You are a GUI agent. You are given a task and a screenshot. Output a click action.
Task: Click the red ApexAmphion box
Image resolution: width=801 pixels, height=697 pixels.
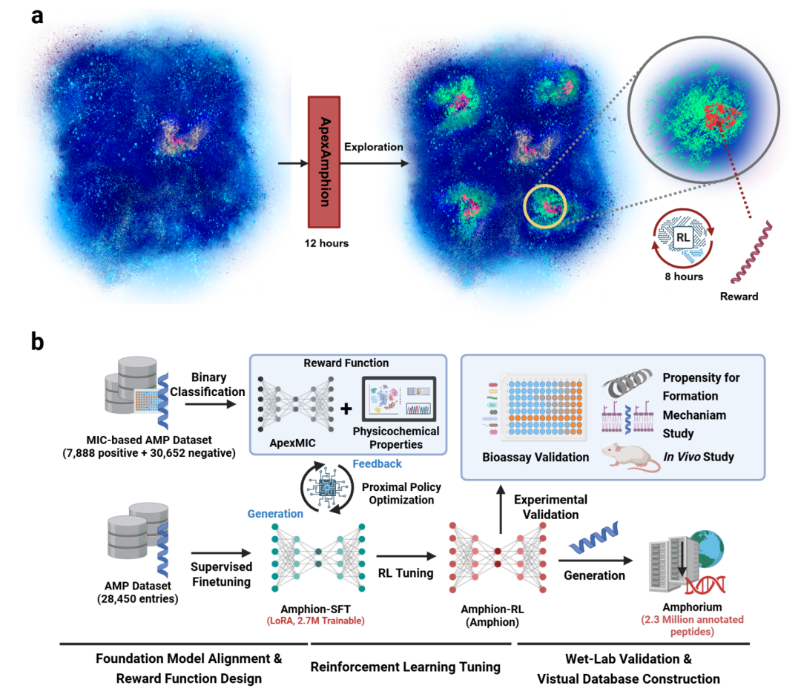(324, 162)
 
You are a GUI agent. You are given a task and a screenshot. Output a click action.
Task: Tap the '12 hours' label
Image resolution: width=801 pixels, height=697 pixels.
(326, 243)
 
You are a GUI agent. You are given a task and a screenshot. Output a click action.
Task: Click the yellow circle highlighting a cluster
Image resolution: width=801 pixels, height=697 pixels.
(545, 206)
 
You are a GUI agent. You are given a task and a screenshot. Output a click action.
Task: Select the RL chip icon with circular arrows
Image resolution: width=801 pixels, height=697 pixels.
(683, 238)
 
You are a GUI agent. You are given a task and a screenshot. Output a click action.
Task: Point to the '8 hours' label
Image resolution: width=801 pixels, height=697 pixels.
(684, 277)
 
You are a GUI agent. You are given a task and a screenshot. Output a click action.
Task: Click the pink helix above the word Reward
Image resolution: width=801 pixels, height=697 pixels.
(751, 252)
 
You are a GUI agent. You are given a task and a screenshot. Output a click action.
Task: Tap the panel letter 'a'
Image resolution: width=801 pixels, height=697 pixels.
(37, 16)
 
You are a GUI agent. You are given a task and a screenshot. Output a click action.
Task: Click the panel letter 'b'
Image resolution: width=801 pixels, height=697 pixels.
(37, 340)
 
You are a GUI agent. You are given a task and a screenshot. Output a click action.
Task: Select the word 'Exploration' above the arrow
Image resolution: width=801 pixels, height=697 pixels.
(373, 147)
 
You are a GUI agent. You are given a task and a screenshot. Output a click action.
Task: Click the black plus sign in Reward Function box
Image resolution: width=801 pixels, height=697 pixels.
(346, 409)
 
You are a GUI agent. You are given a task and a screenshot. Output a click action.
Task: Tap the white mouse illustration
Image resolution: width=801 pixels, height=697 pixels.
(631, 457)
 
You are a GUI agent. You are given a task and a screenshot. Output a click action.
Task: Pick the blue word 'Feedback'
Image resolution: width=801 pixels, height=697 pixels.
(377, 463)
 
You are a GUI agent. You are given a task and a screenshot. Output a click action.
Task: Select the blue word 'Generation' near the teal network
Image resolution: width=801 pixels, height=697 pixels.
(275, 514)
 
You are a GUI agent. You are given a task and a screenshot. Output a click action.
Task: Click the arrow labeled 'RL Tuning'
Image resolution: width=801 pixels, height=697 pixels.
(406, 556)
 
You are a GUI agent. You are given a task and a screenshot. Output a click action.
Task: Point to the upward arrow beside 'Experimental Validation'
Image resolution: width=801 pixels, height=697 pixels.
(501, 509)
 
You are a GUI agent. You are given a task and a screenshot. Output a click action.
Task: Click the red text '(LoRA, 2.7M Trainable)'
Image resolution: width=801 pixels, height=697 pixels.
(316, 621)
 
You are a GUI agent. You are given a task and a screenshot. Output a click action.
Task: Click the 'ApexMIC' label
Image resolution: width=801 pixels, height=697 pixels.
(293, 443)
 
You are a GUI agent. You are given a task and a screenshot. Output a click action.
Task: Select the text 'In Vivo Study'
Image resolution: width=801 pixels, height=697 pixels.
(699, 457)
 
